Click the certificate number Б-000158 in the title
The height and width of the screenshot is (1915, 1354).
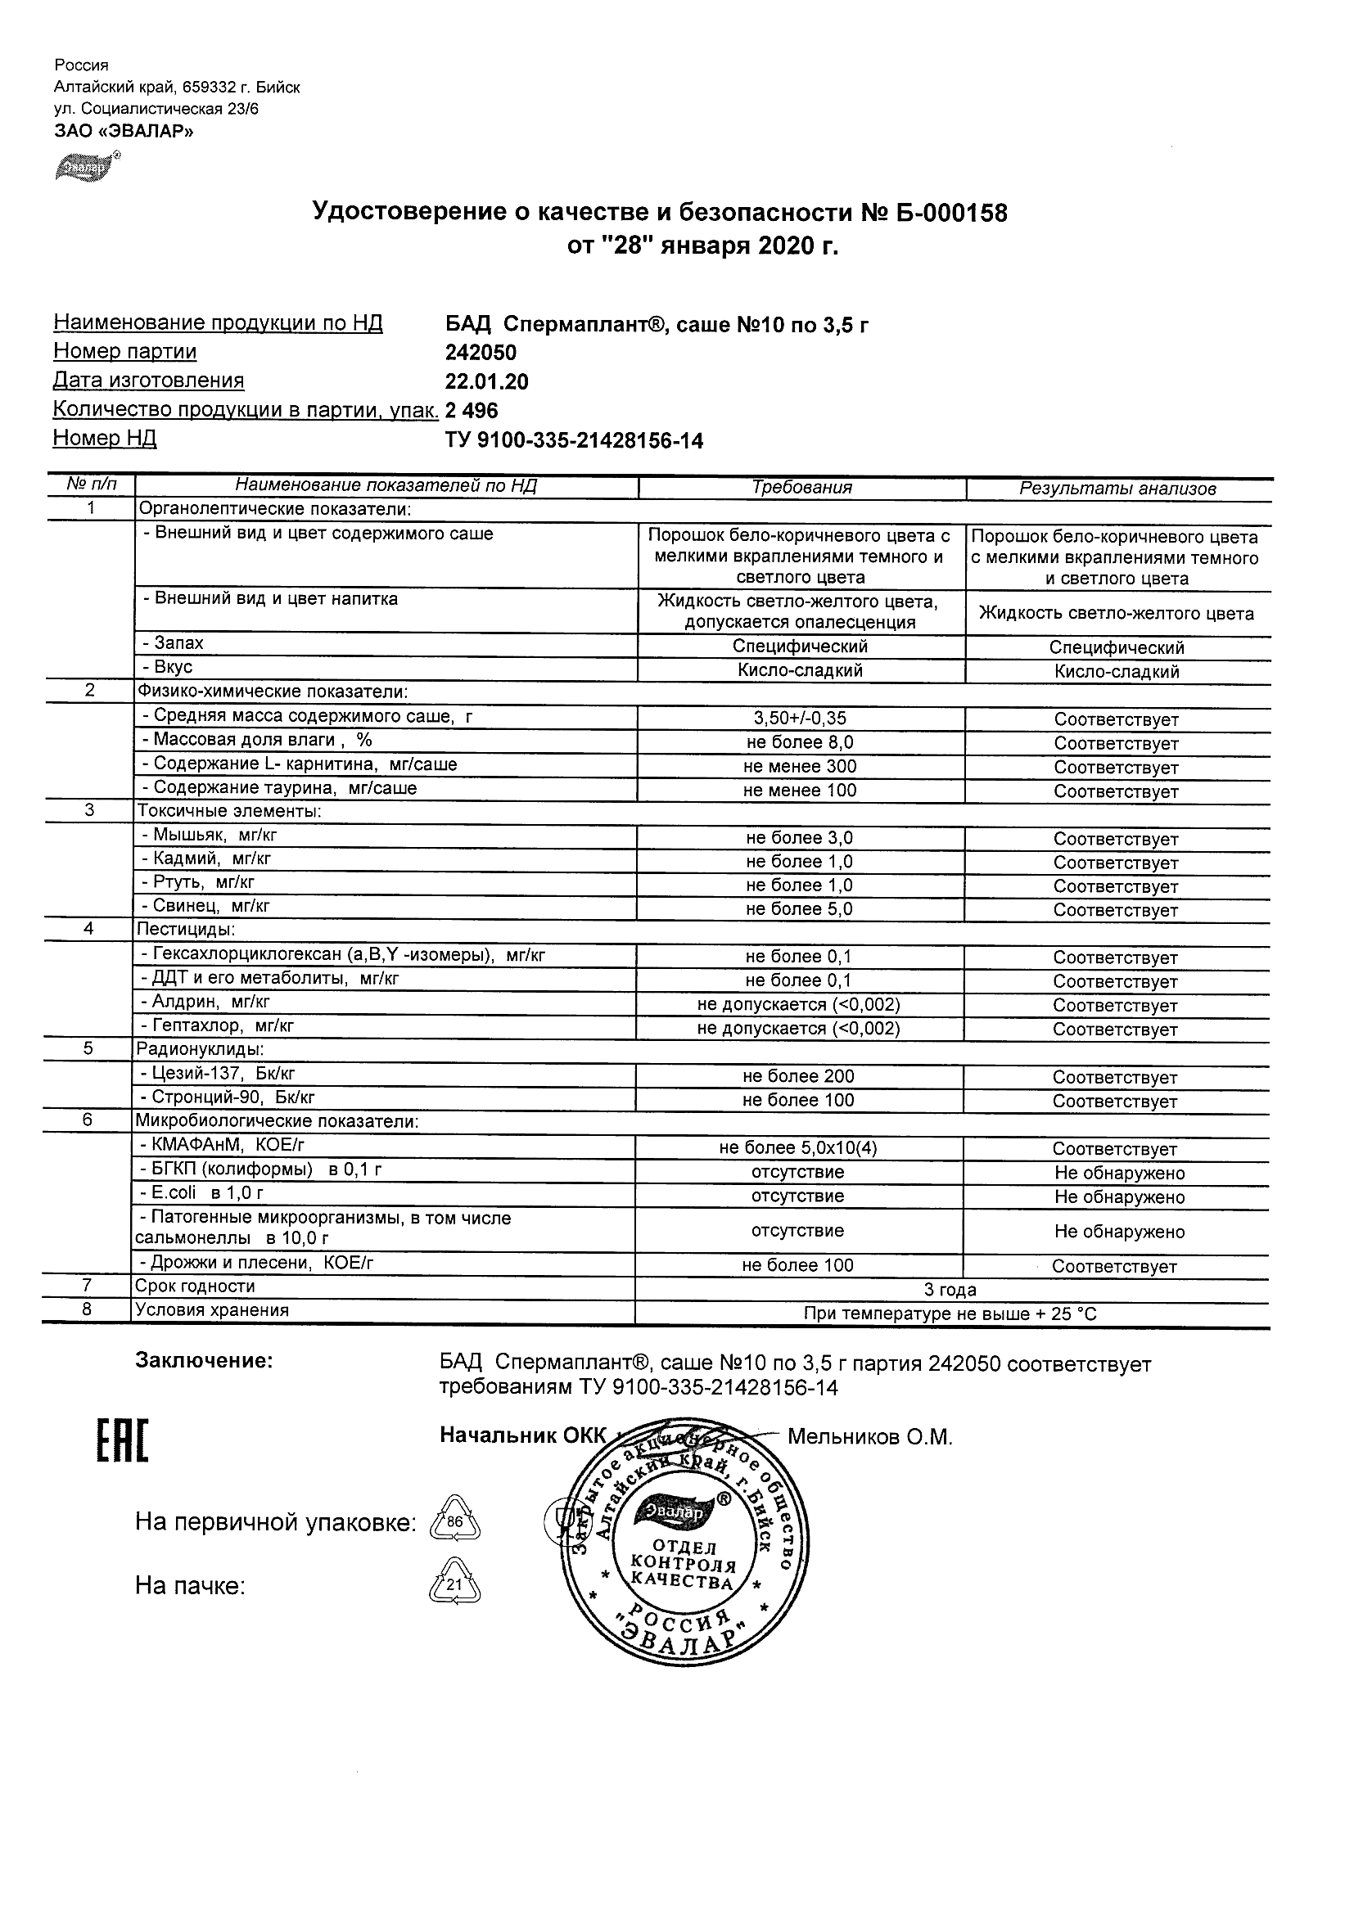952,214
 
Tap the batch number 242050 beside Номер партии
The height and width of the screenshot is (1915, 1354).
481,353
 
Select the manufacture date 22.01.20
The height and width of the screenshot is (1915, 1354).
487,382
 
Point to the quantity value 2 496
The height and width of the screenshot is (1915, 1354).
472,410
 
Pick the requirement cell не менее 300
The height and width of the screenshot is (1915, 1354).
800,767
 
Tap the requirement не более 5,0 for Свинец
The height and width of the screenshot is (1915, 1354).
799,909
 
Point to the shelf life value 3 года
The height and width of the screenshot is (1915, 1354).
950,1291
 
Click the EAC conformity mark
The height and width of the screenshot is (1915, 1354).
122,1440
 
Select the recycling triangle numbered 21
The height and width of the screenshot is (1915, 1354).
454,1583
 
